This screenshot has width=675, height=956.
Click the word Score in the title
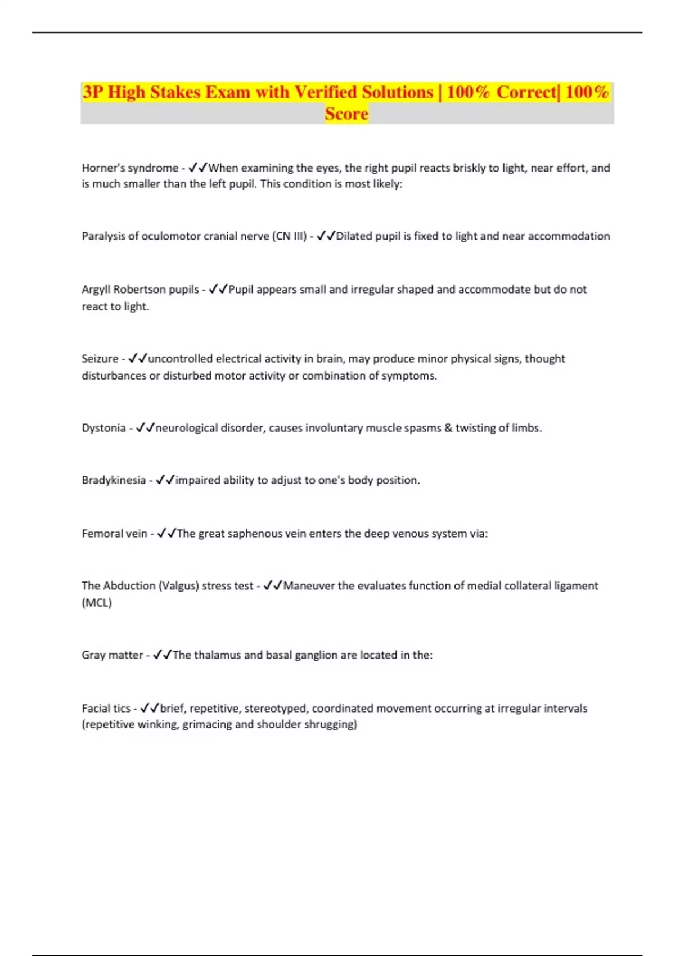click(346, 114)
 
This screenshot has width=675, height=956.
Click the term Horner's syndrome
click(130, 168)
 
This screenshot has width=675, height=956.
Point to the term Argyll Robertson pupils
click(140, 290)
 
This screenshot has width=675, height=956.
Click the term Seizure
click(100, 359)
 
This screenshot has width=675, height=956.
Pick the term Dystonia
click(103, 428)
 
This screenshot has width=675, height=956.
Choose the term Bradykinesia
click(114, 480)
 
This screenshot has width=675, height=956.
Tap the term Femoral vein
click(114, 533)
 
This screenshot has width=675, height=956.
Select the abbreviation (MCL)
click(97, 603)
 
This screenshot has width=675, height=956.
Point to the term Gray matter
click(112, 655)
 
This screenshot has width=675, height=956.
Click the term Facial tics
click(106, 709)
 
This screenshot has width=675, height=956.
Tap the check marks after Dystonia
click(145, 428)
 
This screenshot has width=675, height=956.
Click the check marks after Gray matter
click(163, 655)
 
